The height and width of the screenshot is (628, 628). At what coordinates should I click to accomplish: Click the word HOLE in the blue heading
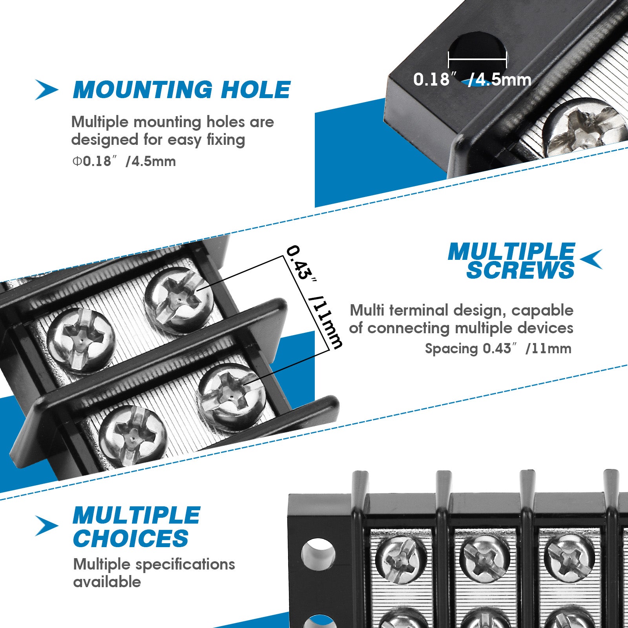click(x=256, y=90)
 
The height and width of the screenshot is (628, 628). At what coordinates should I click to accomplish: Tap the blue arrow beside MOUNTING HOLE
click(x=46, y=89)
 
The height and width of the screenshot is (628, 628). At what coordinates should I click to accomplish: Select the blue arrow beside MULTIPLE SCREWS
click(x=591, y=259)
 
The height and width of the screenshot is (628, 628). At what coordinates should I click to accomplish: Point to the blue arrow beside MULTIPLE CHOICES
click(x=46, y=526)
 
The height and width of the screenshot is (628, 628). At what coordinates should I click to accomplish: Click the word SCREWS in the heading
click(x=520, y=270)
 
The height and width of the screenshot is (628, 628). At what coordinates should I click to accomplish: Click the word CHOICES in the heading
click(x=131, y=538)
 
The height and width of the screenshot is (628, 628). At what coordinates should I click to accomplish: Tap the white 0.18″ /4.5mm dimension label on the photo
click(x=472, y=80)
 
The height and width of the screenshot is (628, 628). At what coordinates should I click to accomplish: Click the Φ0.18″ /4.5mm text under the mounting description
click(x=124, y=161)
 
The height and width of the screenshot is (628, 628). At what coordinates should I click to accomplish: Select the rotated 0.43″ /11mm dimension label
click(x=314, y=297)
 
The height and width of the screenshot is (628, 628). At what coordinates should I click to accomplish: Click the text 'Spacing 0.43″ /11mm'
click(x=498, y=349)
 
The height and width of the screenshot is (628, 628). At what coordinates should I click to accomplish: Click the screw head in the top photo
click(x=585, y=128)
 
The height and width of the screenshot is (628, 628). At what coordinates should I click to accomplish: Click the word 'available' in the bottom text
click(x=107, y=582)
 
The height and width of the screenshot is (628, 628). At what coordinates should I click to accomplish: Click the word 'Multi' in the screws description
click(x=367, y=310)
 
